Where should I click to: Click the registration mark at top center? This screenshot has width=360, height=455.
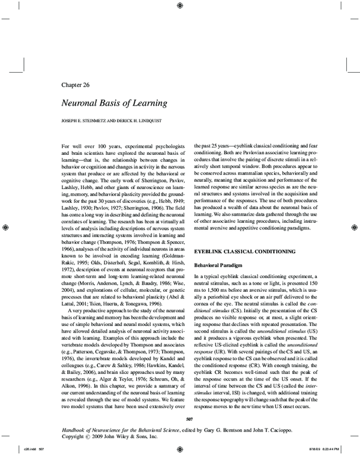pyautogui.click(x=181, y=6)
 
